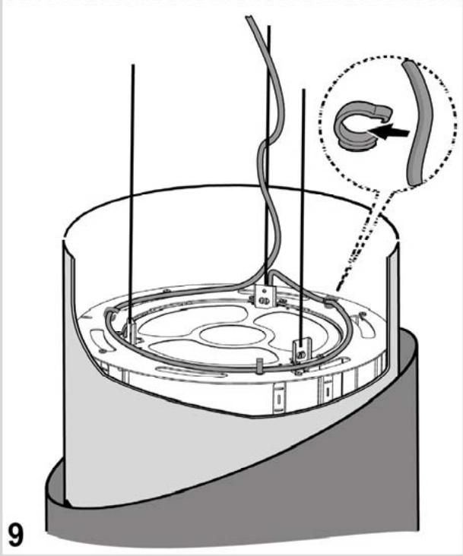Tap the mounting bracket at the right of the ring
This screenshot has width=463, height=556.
302,349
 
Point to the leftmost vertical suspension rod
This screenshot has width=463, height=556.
133,190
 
